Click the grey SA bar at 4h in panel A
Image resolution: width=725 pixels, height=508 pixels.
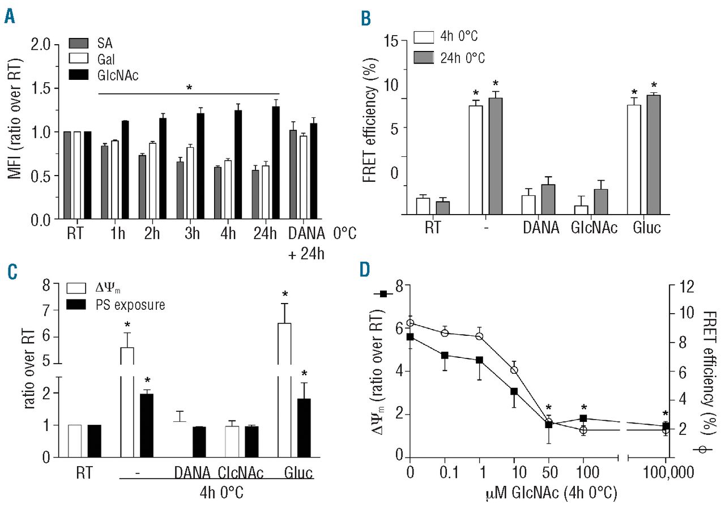tap(217, 194)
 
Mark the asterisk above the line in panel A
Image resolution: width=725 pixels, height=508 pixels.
tap(189, 88)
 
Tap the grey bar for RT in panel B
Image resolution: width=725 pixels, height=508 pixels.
tap(442, 208)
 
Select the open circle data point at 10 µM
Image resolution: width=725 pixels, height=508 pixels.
tap(514, 370)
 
